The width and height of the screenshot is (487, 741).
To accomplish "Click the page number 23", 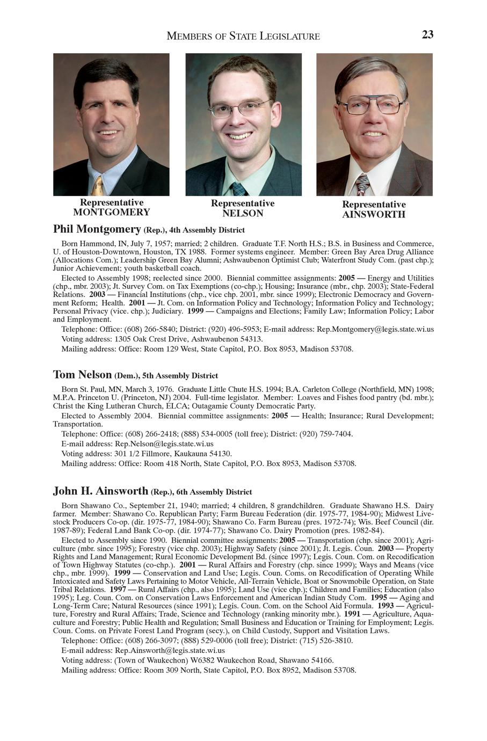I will tap(427, 35).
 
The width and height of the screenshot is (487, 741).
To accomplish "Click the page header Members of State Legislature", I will tap(243, 36).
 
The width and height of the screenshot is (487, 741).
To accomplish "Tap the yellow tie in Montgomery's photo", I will tap(98, 185).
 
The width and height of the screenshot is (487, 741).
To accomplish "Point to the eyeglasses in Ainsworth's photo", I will tap(372, 104).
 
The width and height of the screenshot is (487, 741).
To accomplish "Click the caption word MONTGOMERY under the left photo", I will tap(112, 212).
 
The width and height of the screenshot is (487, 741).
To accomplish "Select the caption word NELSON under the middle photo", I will tap(243, 213).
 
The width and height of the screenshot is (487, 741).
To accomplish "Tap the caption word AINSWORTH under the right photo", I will tap(374, 215).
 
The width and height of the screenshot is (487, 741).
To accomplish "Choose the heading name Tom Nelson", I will tap(82, 374).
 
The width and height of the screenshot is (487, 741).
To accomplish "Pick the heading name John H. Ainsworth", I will tap(100, 491).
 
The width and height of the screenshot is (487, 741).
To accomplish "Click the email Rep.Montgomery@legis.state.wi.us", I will tap(375, 329).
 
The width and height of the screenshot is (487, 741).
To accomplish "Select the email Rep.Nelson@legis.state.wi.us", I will tap(164, 444).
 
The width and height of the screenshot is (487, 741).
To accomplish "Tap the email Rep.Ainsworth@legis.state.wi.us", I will tap(170, 650).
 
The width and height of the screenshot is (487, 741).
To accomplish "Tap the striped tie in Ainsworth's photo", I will tap(363, 184).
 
